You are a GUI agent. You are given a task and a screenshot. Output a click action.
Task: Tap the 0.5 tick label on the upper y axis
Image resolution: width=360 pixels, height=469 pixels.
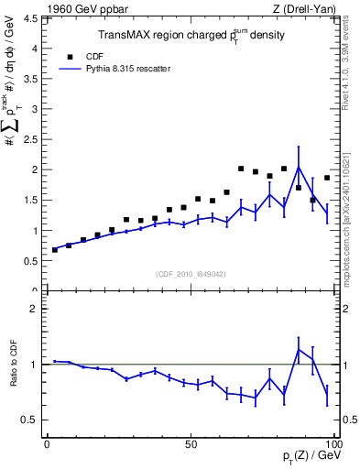(30, 261)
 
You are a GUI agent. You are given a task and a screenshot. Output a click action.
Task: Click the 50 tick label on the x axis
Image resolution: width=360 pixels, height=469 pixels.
(191, 444)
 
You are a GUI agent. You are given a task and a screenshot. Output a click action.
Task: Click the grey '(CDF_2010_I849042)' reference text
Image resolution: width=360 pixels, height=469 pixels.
(190, 275)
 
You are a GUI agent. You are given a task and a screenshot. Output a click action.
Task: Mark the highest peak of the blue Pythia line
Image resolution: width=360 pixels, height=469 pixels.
(299, 167)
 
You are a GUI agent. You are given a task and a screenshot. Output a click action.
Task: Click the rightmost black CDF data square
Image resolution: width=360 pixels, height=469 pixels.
(327, 178)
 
